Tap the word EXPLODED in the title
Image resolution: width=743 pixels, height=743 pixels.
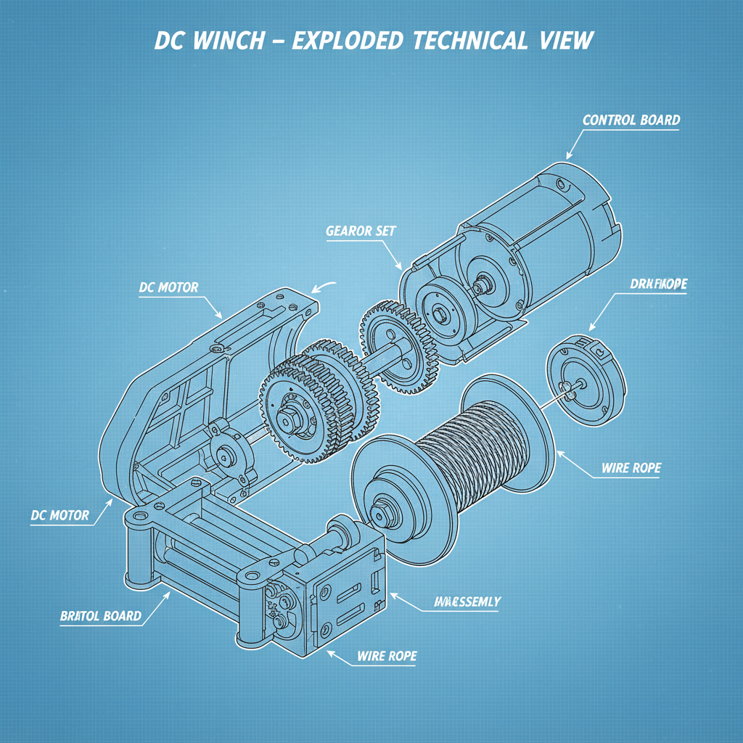[348, 40]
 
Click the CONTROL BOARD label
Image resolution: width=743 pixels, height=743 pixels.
[631, 120]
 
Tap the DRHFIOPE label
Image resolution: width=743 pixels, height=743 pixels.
[658, 284]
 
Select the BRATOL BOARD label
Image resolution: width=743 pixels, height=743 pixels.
[100, 616]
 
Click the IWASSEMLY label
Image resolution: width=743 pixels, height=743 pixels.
[467, 602]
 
